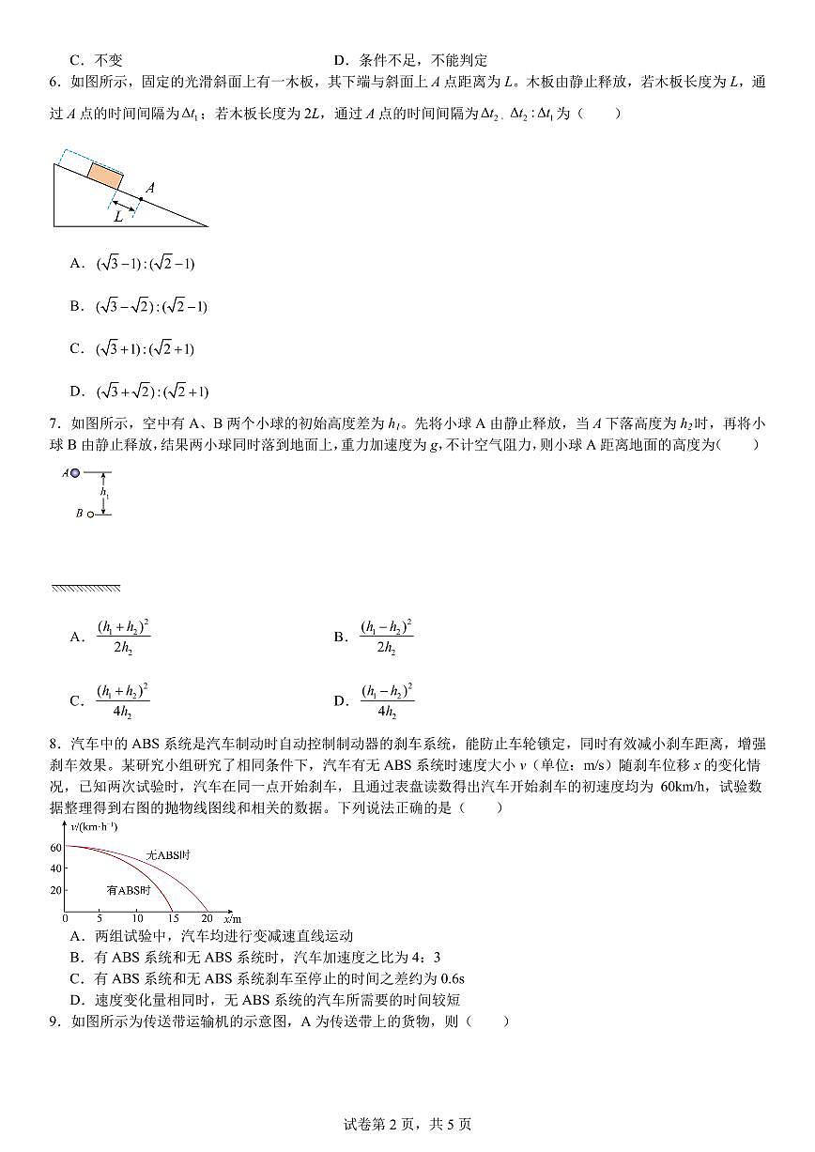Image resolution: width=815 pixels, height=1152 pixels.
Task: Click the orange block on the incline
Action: click(105, 175)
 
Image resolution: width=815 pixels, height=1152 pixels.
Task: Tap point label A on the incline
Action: click(149, 189)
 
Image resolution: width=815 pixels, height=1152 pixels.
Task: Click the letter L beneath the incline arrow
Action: click(119, 216)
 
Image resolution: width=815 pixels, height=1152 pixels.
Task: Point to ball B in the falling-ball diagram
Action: click(91, 514)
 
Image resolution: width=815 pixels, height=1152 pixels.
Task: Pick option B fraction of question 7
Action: click(386, 637)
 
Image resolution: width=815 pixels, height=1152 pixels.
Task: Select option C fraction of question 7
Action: click(122, 700)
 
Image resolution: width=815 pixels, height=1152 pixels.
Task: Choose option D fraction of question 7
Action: click(387, 700)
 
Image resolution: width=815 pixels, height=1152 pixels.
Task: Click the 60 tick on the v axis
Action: click(55, 847)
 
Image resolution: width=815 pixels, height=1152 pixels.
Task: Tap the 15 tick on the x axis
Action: click(173, 917)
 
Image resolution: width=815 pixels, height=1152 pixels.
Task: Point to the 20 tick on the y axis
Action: click(55, 890)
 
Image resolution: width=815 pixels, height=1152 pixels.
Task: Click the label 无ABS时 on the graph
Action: click(169, 855)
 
